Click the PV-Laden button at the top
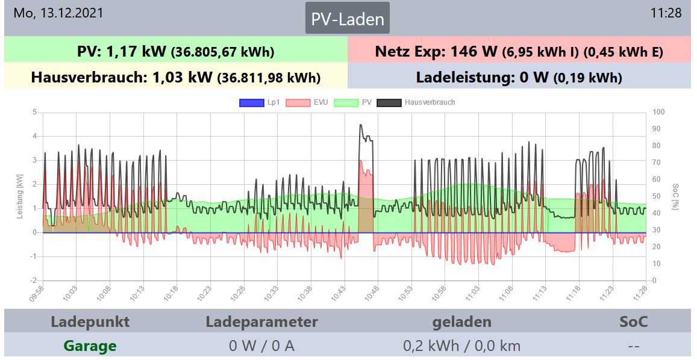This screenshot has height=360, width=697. tap(347, 19)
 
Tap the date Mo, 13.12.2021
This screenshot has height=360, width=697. tap(58, 13)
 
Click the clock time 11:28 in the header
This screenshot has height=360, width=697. tap(666, 13)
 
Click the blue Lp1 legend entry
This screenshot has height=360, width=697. tap(260, 102)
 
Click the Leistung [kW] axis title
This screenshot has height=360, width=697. tap(20, 197)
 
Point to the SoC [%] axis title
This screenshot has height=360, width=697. tap(676, 197)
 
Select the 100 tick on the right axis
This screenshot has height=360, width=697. tap(658, 112)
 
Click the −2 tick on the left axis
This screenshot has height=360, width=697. tap(34, 281)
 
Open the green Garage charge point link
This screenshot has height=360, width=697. tap(90, 346)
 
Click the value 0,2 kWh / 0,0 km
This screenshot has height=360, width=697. tap(461, 346)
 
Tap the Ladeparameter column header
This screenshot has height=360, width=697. tap(261, 321)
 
